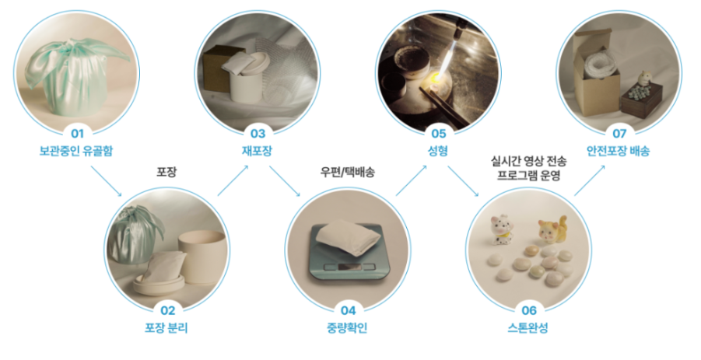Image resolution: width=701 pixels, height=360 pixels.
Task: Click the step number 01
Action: tap(77, 134)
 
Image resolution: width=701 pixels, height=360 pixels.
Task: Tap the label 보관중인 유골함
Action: tap(76, 151)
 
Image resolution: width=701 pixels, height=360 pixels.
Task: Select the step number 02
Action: tap(167, 310)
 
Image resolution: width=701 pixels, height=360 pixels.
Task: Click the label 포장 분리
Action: tap(166, 328)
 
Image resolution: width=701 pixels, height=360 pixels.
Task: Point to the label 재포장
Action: tap(257, 151)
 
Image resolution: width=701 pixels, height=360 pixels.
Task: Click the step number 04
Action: tap(348, 310)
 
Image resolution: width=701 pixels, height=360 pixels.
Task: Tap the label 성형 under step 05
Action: tap(438, 151)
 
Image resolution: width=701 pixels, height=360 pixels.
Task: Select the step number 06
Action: tap(529, 310)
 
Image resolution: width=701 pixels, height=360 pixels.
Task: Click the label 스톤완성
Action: tap(528, 328)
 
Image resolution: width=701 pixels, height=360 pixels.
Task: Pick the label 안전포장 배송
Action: tap(619, 151)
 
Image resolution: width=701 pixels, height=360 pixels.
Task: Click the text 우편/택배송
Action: tap(348, 172)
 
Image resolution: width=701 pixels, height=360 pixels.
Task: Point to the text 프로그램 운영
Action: tap(529, 175)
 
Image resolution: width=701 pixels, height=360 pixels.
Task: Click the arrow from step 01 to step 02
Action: tap(106, 181)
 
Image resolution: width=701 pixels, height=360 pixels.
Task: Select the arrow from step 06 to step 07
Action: tap(590, 180)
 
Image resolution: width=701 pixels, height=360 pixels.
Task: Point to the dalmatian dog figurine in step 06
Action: tap(501, 229)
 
